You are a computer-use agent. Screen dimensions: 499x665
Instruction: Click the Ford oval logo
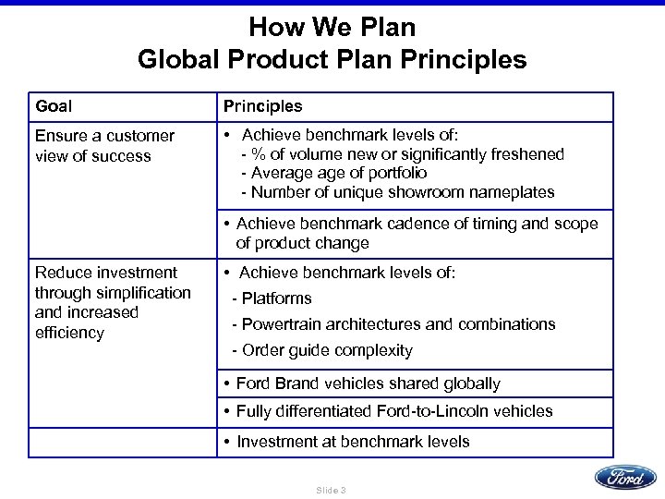tap(625, 477)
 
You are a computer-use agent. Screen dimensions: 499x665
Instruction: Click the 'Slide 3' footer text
tap(331, 489)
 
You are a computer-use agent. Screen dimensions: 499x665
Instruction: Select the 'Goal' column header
tap(54, 106)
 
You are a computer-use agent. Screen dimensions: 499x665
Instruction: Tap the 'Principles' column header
tap(262, 106)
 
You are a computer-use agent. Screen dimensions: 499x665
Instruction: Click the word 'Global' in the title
tap(179, 60)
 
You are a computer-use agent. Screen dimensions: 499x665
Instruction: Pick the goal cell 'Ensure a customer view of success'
tap(104, 146)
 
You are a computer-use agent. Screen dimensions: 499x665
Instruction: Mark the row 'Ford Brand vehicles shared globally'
tap(368, 383)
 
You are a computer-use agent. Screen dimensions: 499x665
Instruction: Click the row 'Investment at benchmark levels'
tap(353, 442)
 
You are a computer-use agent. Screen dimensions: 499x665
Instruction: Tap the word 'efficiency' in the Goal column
tap(69, 333)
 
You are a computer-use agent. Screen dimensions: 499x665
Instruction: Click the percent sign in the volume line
tap(256, 154)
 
